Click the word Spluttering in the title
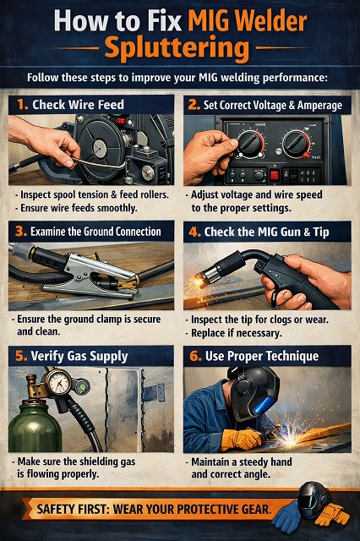tap(179, 47)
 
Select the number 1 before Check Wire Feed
tap(20, 105)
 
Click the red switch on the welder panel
tap(273, 176)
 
